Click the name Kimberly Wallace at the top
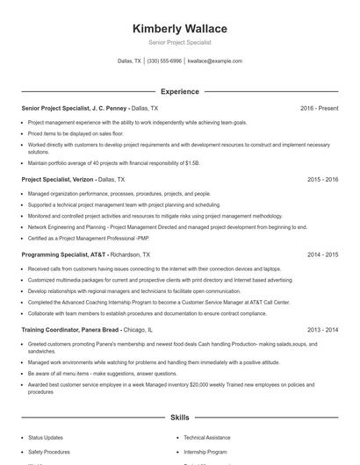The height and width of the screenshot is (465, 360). [x=180, y=28]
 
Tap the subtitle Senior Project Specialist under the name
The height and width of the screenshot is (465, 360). [x=180, y=42]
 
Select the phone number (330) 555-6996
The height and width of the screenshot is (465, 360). [x=164, y=61]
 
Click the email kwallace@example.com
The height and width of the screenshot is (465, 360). [x=215, y=61]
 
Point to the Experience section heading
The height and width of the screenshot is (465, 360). [x=180, y=91]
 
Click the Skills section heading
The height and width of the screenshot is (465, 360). [x=180, y=419]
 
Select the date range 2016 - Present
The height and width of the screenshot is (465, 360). [x=319, y=108]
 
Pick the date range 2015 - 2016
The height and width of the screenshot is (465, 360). [x=322, y=179]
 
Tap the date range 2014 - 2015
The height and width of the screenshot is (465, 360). [x=322, y=254]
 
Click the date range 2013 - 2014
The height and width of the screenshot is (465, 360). [x=322, y=330]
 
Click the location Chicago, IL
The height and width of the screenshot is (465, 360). [x=139, y=330]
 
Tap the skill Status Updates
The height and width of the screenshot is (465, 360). [x=46, y=437]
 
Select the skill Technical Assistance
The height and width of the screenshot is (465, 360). [x=207, y=437]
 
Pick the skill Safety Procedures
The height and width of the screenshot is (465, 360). [x=47, y=452]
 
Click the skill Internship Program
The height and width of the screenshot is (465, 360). [x=205, y=452]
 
